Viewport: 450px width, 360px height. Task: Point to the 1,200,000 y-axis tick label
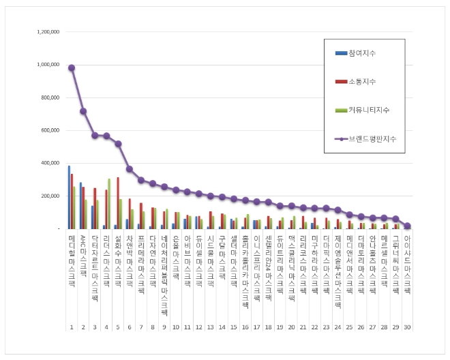click(46, 32)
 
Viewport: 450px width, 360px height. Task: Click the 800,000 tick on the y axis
click(49, 97)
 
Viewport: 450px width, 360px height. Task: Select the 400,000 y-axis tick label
click(49, 163)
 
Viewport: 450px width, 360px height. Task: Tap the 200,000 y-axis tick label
click(49, 196)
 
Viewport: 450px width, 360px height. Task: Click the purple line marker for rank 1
click(72, 67)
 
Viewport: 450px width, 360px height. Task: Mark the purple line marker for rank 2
click(83, 111)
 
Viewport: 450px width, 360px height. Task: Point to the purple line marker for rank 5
click(118, 144)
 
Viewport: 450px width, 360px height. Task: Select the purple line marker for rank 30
click(407, 226)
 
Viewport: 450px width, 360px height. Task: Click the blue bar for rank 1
click(69, 197)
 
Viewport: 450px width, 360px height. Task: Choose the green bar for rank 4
click(109, 204)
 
